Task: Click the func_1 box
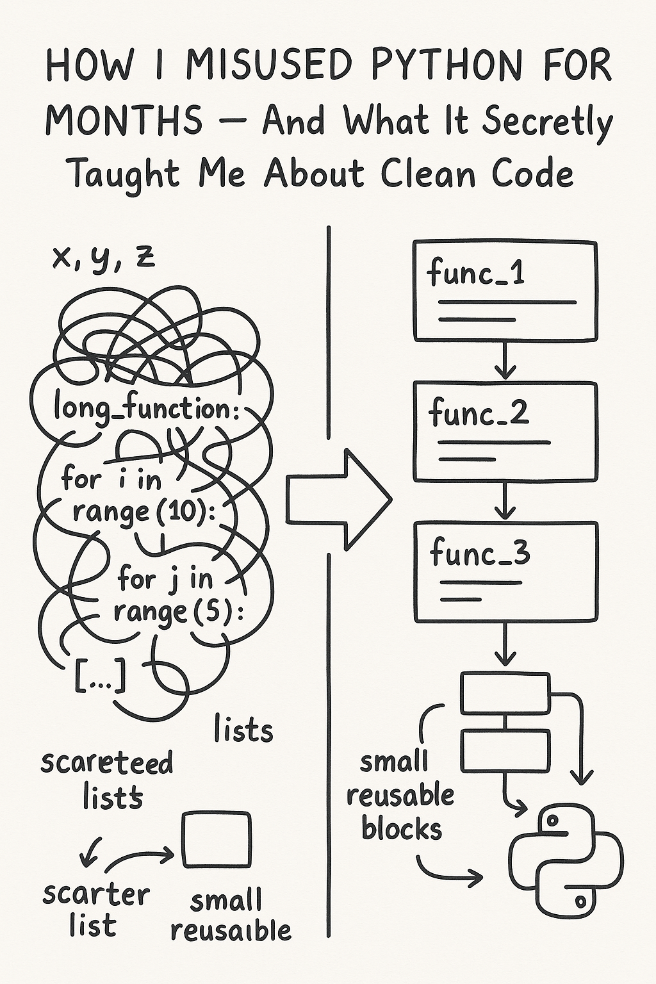coord(505,290)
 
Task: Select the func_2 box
coord(505,431)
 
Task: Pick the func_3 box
coord(505,571)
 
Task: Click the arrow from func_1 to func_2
coord(505,361)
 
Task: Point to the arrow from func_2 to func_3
coord(505,501)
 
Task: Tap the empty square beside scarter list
coord(216,839)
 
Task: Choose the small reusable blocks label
coord(400,796)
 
